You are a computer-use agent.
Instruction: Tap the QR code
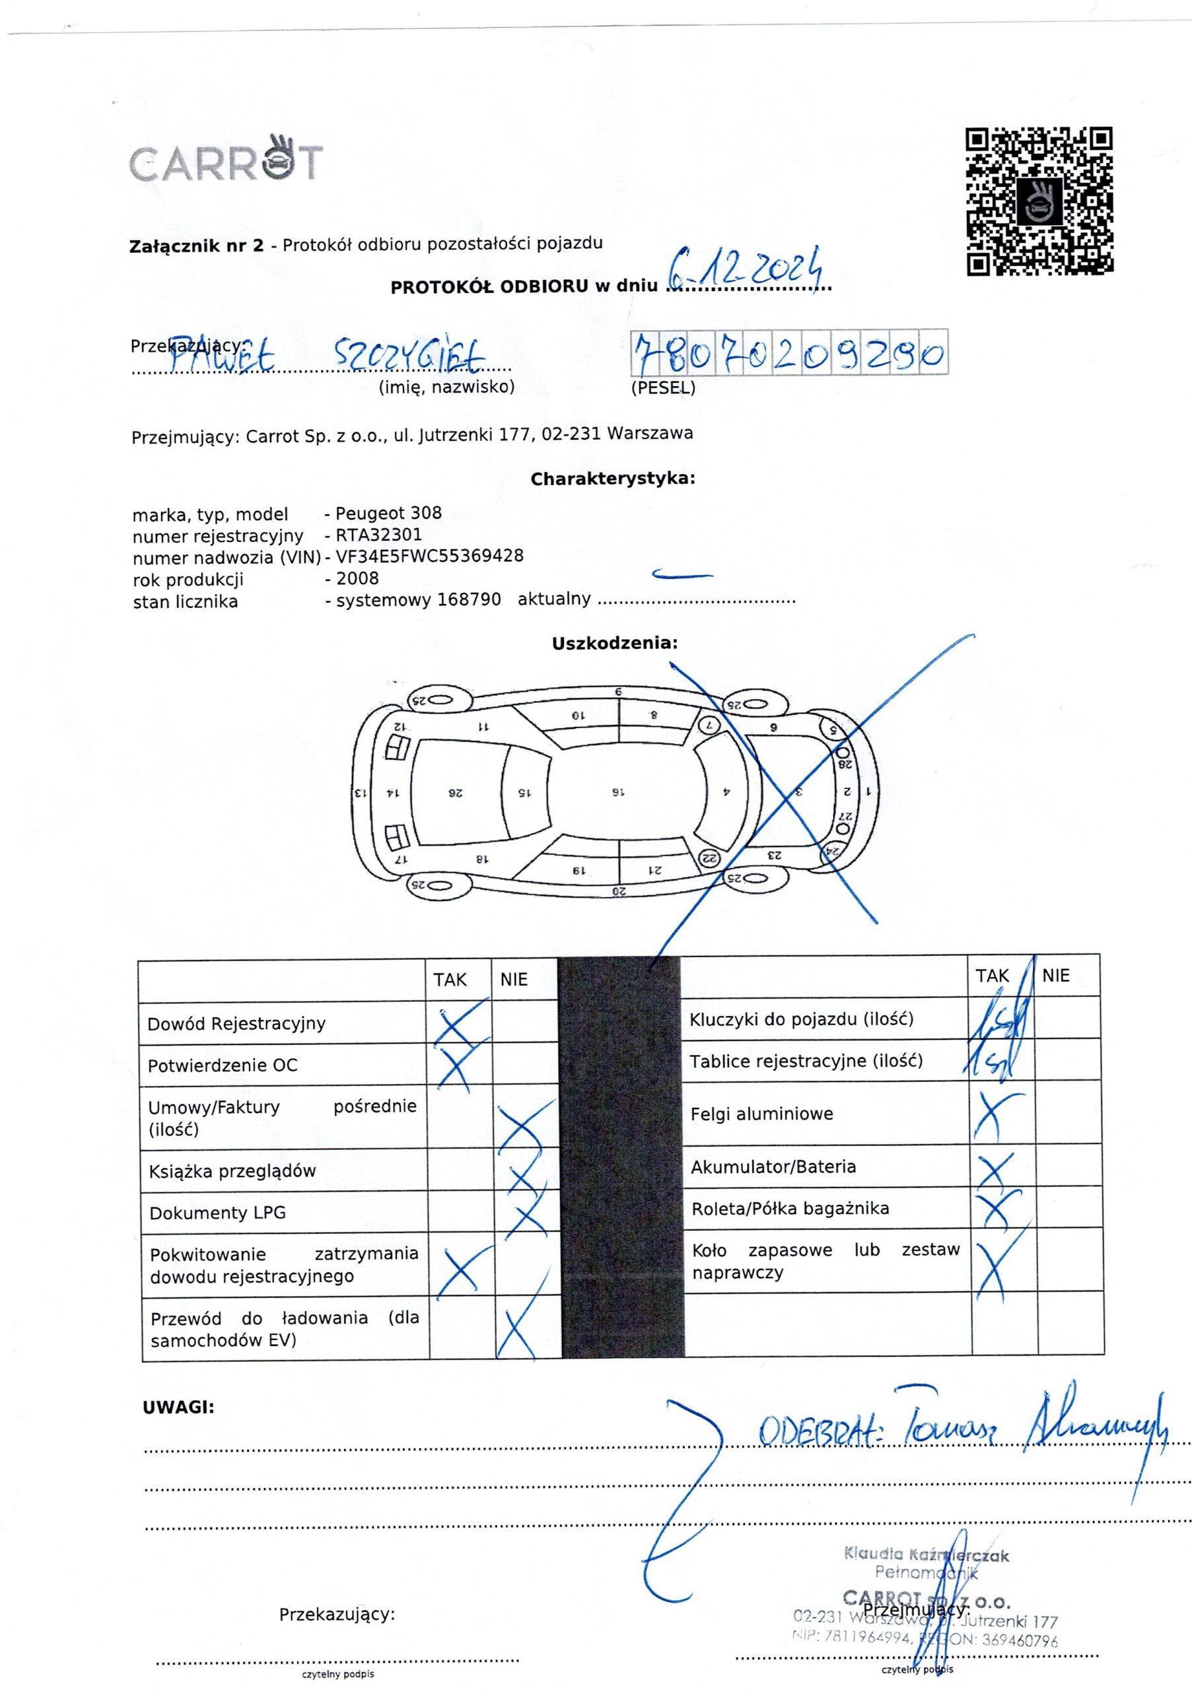[1039, 201]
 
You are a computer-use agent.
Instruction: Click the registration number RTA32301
[378, 535]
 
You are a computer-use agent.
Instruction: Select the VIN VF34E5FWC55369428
[429, 557]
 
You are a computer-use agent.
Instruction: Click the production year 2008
[357, 578]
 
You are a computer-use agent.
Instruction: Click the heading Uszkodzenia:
[615, 643]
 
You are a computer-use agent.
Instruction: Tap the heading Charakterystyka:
[613, 479]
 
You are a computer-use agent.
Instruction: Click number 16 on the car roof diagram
[617, 793]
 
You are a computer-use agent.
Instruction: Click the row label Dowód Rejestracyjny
[236, 1024]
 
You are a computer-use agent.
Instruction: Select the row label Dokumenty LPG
[217, 1213]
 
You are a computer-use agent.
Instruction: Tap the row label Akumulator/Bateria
[773, 1167]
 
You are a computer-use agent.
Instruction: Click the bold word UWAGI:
[178, 1408]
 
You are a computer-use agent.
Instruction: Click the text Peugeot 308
[388, 513]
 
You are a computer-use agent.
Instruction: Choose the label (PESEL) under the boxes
[662, 388]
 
